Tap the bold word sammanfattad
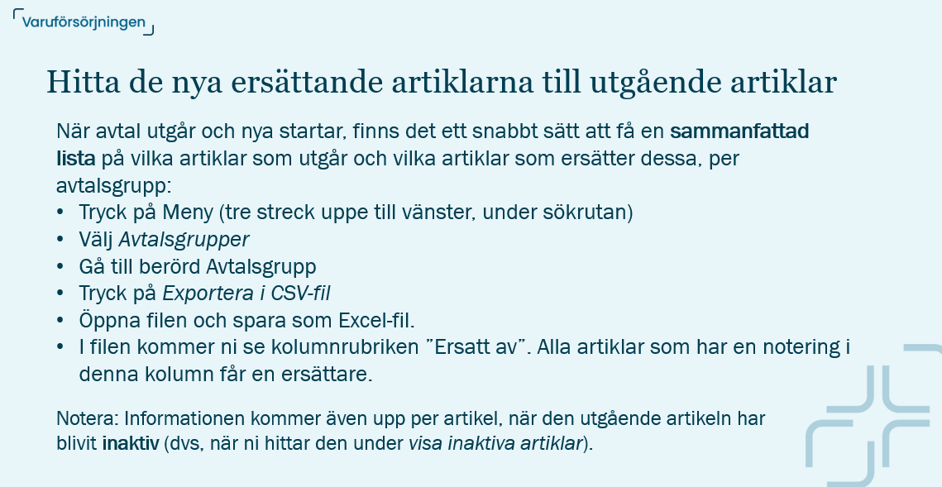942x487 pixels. (739, 131)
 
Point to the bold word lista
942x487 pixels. (76, 159)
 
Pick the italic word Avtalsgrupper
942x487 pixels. (184, 240)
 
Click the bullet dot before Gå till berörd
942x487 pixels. (60, 267)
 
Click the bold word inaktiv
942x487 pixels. (130, 443)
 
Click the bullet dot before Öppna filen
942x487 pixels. (60, 320)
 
